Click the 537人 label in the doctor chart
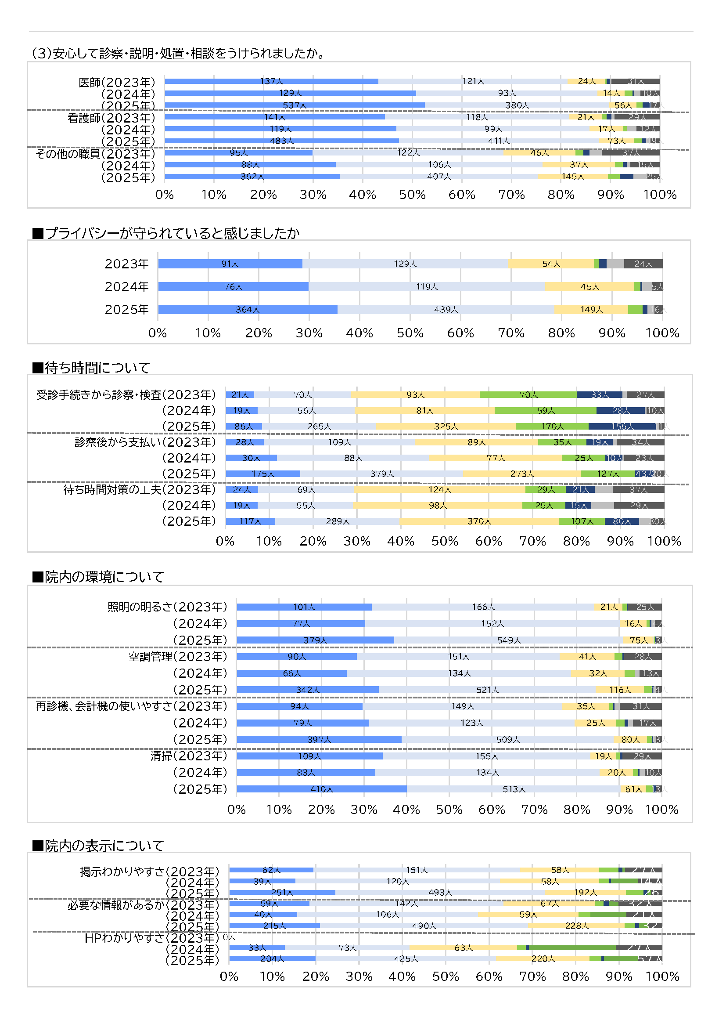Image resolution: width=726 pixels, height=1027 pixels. pyautogui.click(x=294, y=105)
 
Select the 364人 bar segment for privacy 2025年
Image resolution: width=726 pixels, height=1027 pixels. pyautogui.click(x=247, y=310)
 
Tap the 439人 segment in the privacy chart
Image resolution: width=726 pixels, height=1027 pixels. pyautogui.click(x=446, y=310)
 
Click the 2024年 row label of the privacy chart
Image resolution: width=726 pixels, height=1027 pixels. pyautogui.click(x=126, y=287)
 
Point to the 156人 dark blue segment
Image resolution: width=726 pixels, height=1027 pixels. pyautogui.click(x=622, y=426)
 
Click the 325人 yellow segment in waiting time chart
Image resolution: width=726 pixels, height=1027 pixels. pyautogui.click(x=446, y=426)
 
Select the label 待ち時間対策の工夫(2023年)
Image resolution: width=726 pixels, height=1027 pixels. pyautogui.click(x=140, y=490)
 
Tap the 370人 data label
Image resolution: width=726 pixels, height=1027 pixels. pyautogui.click(x=479, y=521)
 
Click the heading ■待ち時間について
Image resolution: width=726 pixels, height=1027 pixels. pyautogui.click(x=91, y=368)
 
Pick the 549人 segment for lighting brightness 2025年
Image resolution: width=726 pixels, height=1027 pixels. pyautogui.click(x=509, y=640)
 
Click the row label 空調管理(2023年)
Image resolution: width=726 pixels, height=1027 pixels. pyautogui.click(x=178, y=657)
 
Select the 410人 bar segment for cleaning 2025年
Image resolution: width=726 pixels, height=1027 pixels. pyautogui.click(x=321, y=789)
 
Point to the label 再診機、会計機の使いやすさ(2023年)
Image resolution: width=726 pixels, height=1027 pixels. pyautogui.click(x=131, y=706)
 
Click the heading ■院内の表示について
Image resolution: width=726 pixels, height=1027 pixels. pyautogui.click(x=98, y=846)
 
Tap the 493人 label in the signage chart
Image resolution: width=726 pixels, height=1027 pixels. pyautogui.click(x=440, y=892)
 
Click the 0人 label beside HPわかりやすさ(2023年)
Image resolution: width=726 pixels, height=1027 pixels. pyautogui.click(x=229, y=936)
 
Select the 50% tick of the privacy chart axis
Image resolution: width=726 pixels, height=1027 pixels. pyautogui.click(x=410, y=333)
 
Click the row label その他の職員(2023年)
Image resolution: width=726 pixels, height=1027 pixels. pyautogui.click(x=95, y=154)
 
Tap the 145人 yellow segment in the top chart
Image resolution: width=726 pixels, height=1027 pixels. pyautogui.click(x=573, y=177)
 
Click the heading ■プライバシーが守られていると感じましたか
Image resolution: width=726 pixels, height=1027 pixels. pyautogui.click(x=166, y=233)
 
